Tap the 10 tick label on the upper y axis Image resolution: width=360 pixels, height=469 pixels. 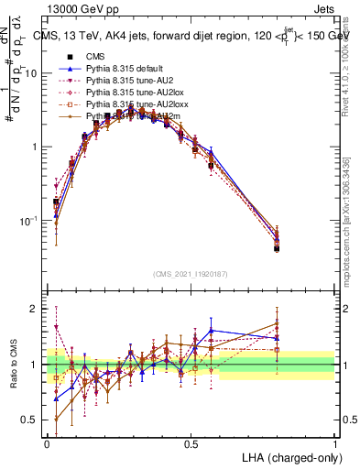tap(33, 73)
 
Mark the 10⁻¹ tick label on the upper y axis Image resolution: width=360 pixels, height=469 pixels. tap(30, 221)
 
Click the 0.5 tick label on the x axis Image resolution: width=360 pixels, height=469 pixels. tap(191, 442)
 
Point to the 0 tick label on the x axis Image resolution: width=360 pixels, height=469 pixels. tap(48, 442)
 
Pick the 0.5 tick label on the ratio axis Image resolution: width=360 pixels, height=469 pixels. tap(32, 420)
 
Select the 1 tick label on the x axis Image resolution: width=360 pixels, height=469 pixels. tap(333, 442)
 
